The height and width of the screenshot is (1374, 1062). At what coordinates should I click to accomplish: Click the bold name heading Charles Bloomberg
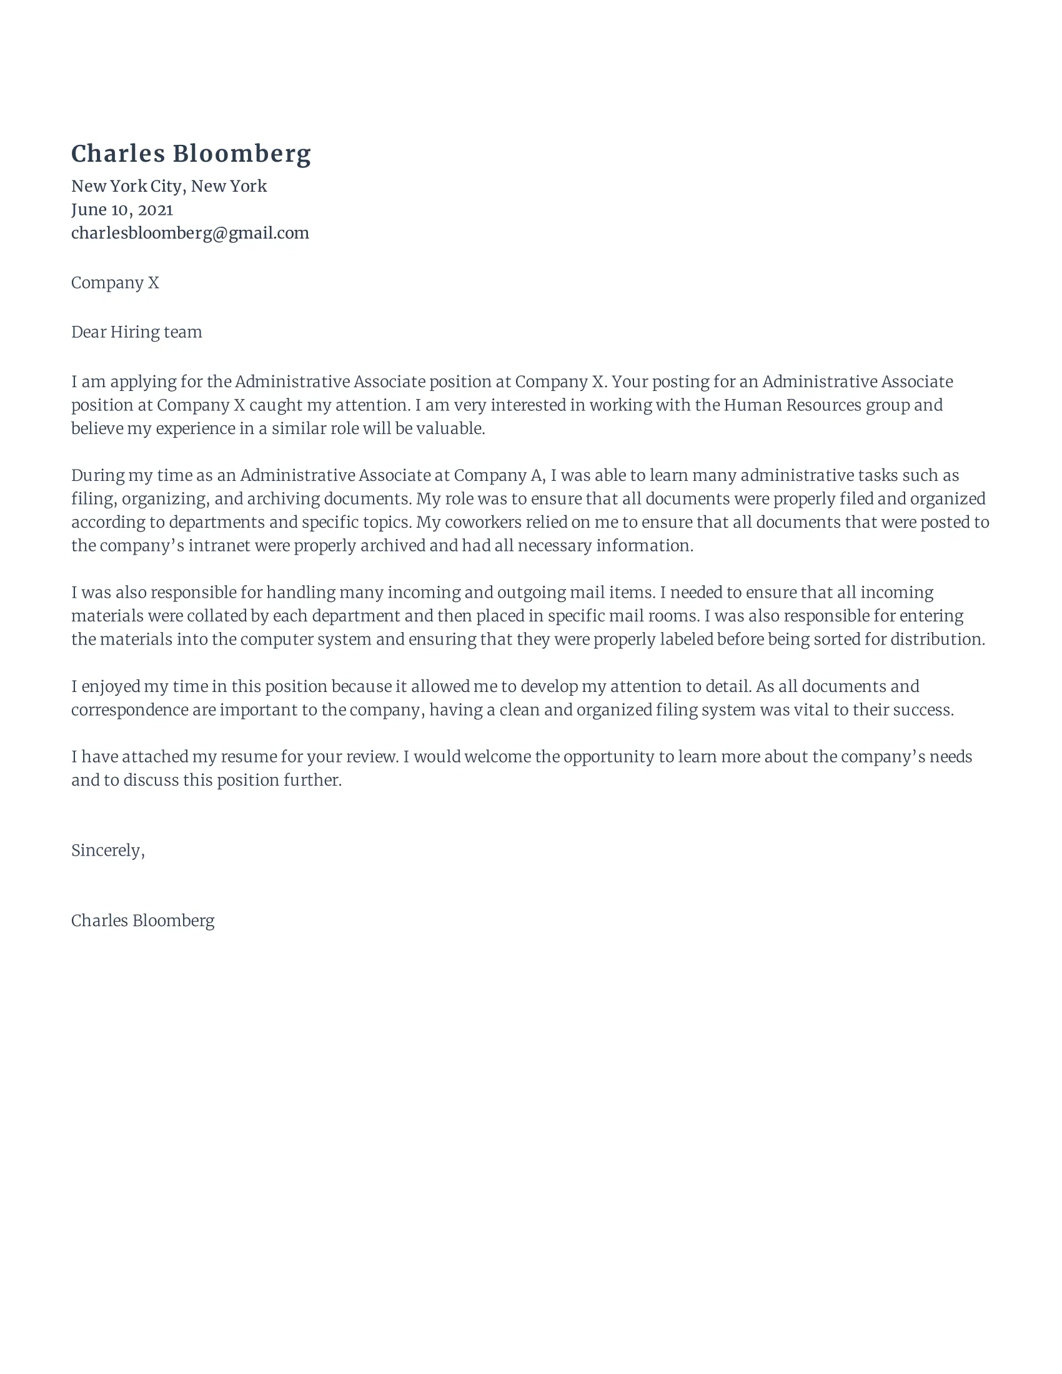click(191, 154)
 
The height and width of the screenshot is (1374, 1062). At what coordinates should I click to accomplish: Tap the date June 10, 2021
click(122, 209)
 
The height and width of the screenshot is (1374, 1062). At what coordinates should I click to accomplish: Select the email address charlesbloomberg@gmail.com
click(190, 234)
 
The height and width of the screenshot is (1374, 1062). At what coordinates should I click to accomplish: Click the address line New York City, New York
click(169, 186)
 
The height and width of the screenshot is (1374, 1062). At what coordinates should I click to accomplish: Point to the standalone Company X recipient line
click(115, 283)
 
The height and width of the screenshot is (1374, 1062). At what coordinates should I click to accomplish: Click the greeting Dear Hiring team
click(137, 332)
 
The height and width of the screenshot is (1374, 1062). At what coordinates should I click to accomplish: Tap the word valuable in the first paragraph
click(457, 429)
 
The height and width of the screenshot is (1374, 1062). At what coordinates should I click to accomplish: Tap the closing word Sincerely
click(107, 851)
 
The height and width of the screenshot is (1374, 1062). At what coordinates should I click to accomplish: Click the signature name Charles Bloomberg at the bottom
click(143, 921)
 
